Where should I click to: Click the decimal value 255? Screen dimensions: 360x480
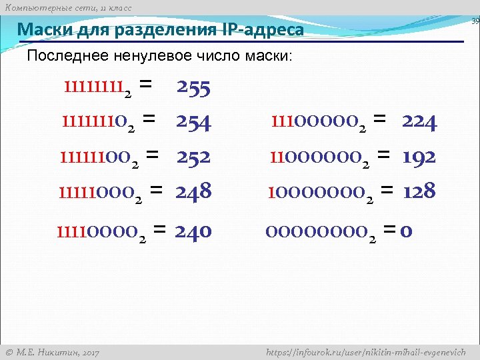194,87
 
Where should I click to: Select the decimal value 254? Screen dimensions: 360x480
193,122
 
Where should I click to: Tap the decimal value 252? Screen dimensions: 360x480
193,157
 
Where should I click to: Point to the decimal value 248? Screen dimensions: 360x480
193,192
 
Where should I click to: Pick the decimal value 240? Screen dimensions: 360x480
193,231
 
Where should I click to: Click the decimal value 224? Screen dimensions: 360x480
419,122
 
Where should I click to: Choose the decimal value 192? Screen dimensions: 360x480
419,157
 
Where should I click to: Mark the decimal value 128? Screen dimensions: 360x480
419,192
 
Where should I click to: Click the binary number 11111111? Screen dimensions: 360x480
97,87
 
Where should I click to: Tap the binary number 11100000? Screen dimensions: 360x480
317,122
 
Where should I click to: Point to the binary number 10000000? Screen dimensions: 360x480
317,192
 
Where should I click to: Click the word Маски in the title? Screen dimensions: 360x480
41,30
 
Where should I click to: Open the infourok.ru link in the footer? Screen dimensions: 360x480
365,352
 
